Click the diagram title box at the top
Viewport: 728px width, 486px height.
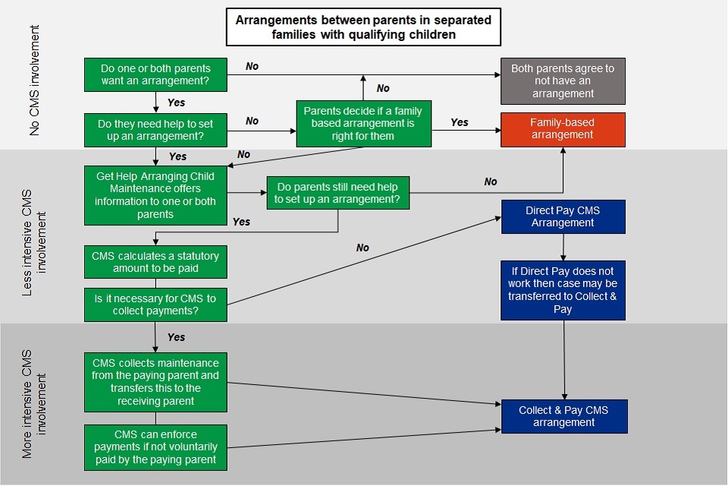362,28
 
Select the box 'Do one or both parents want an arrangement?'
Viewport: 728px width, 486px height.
155,74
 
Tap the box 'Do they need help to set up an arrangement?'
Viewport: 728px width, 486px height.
155,128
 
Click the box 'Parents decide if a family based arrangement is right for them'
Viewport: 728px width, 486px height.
363,122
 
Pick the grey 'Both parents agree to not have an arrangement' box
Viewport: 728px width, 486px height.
562,80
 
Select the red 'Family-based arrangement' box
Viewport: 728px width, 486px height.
562,129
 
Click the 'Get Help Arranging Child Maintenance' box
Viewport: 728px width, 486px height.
155,195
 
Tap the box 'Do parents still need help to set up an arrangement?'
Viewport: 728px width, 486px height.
337,193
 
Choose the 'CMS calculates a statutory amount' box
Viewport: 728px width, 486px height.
155,262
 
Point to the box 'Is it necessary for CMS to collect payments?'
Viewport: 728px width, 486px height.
155,305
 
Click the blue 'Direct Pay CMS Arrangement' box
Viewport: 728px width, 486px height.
562,216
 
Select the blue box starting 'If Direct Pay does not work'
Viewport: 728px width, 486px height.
562,290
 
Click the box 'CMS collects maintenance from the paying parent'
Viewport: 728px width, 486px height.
155,382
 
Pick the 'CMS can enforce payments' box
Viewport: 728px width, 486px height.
155,447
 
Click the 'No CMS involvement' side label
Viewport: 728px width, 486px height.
35,80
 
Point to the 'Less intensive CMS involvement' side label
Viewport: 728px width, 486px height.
35,236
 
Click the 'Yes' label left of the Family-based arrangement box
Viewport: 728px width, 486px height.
460,122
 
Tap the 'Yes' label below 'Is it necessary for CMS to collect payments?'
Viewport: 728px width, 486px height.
176,337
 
